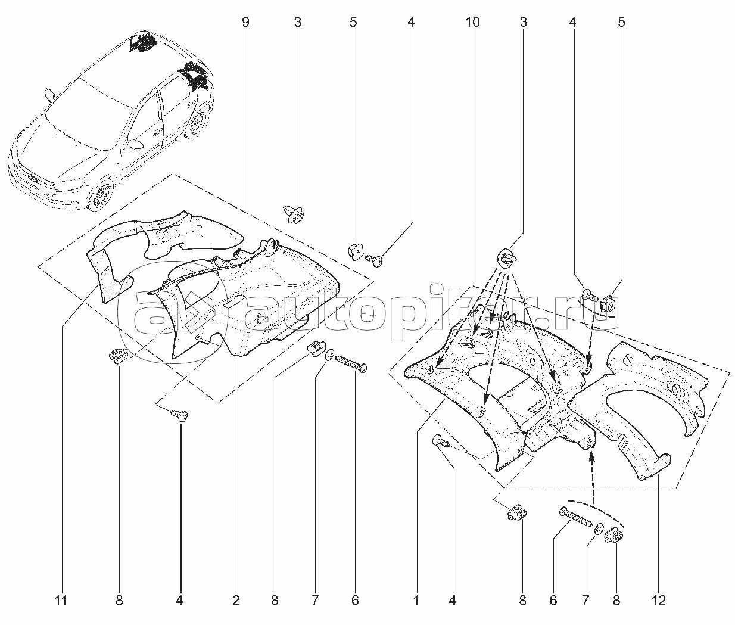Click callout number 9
tap(245, 23)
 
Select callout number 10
tap(472, 23)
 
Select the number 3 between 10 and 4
tap(523, 23)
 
